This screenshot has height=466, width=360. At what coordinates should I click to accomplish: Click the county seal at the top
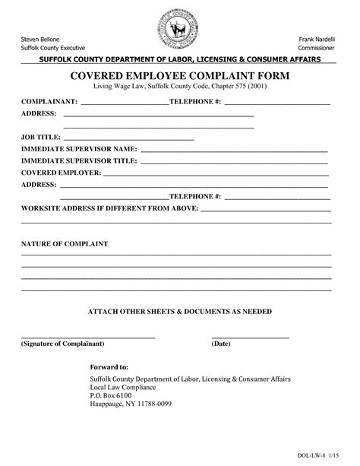(179, 31)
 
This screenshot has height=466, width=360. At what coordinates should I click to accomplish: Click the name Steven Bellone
(39, 38)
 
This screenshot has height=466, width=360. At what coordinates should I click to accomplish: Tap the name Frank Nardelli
(318, 38)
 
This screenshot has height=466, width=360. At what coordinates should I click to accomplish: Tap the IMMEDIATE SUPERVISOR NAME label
(79, 148)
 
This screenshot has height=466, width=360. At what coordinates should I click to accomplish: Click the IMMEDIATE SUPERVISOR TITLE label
(79, 160)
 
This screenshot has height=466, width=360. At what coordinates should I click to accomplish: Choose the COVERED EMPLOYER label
(61, 173)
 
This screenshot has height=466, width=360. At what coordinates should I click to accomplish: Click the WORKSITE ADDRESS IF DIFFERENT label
(109, 208)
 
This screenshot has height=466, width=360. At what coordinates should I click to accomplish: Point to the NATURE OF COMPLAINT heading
(65, 244)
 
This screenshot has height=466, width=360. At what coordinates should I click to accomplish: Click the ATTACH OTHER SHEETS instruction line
(180, 312)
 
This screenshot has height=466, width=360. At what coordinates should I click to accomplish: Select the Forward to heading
(109, 366)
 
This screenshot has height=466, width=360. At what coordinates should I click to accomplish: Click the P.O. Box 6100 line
(111, 396)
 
